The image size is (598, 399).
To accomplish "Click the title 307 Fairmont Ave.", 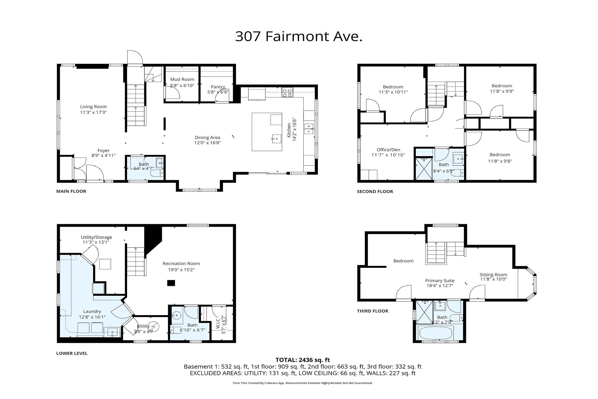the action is tap(299, 36).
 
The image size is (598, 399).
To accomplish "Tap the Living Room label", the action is tap(93, 107).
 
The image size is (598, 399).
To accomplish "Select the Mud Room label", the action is tap(182, 79).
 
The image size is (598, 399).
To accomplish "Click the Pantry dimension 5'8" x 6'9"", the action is tap(218, 92).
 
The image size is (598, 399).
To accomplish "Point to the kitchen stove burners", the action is tap(288, 92).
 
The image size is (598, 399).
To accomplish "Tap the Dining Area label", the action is tap(207, 137).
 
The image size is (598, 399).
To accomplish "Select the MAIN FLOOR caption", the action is tap(71, 191).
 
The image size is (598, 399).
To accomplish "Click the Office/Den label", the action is tap(388, 150).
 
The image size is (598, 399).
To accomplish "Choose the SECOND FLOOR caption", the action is tap(375, 192).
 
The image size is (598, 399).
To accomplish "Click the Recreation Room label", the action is tap(181, 264).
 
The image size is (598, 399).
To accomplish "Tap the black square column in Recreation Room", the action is tap(171, 283).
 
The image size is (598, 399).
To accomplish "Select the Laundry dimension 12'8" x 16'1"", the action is tap(92, 317).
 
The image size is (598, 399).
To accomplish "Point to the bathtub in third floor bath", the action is tap(439, 333).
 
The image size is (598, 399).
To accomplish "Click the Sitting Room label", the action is tap(493, 275).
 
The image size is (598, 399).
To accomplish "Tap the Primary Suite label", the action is tap(440, 281).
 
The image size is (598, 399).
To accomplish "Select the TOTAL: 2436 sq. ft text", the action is tap(303, 360).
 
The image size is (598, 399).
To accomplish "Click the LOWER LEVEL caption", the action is tap(72, 353).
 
